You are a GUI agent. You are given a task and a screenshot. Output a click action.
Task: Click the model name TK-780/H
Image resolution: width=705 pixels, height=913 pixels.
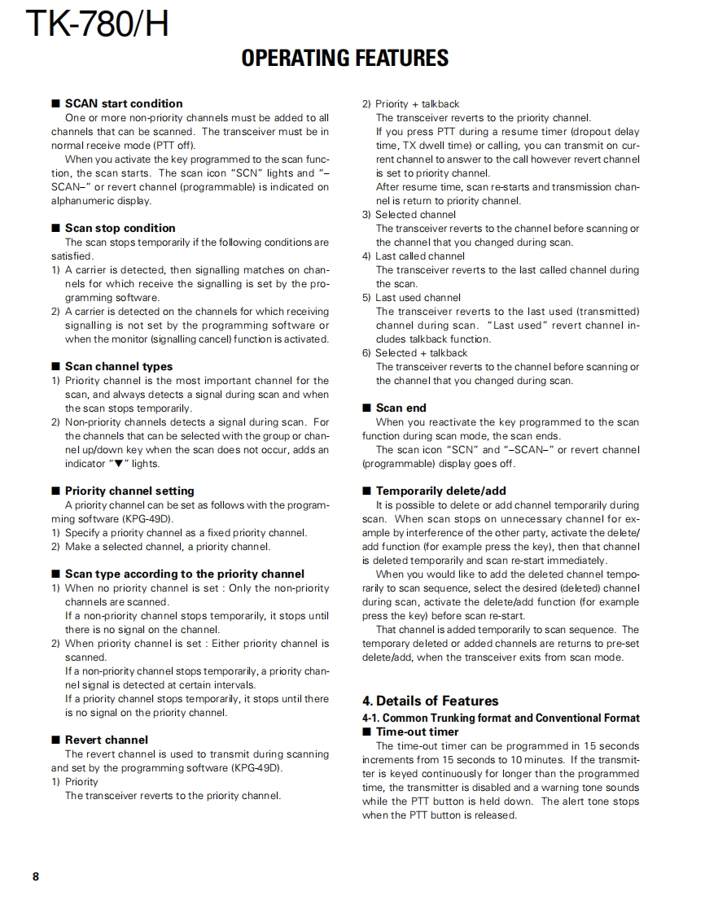coord(97,24)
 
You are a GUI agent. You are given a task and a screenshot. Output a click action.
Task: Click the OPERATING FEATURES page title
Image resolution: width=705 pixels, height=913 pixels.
coord(345,59)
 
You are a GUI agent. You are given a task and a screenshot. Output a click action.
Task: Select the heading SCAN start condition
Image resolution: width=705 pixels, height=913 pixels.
coord(124,103)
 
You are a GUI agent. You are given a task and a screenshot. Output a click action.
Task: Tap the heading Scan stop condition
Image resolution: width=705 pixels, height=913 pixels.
coord(120,228)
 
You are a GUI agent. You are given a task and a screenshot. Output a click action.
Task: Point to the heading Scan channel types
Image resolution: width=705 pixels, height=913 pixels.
coord(119,366)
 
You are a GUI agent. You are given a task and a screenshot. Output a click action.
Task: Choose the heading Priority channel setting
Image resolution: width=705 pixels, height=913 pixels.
coord(129,491)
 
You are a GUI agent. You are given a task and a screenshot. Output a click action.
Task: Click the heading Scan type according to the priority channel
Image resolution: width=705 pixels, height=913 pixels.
coord(184,574)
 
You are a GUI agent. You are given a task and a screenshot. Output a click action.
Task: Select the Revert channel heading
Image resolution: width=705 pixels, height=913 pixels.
coord(107,740)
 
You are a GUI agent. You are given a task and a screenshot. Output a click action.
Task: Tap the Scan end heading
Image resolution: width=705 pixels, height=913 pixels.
coord(401,408)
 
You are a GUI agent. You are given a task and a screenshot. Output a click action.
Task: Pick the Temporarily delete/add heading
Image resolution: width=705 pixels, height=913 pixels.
coord(440,491)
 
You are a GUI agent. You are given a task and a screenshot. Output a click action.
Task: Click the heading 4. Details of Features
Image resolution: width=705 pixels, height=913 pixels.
coord(430,701)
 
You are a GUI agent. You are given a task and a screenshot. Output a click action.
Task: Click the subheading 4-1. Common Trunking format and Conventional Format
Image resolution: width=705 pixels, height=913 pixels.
coord(501,718)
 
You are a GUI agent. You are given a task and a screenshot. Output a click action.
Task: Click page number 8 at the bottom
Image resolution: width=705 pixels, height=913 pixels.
coord(36,876)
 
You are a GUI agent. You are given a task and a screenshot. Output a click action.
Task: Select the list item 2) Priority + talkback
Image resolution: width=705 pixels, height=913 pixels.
coord(411,104)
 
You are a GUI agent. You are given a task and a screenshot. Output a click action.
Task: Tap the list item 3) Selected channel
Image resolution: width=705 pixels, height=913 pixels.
coord(409,215)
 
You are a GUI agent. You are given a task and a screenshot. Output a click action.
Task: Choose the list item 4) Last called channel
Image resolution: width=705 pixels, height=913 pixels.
coord(413,256)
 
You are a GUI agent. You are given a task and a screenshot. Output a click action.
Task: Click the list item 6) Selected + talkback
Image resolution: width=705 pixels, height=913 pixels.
coord(414,353)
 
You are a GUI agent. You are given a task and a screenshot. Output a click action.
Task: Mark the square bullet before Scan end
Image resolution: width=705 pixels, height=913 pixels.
coord(367,408)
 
